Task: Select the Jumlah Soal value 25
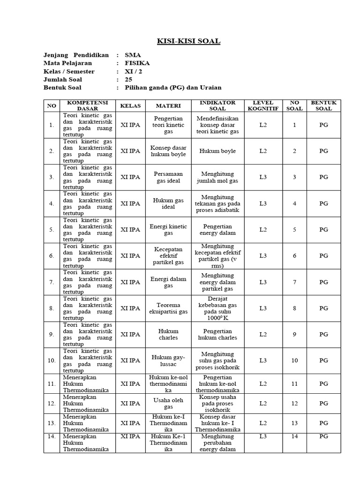pyautogui.click(x=129, y=79)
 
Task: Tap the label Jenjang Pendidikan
pyautogui.click(x=76, y=54)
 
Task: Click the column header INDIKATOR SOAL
pyautogui.click(x=217, y=105)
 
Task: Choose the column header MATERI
pyautogui.click(x=168, y=105)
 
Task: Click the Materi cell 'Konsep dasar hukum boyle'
pyautogui.click(x=168, y=151)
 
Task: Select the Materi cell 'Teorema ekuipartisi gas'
pyautogui.click(x=168, y=308)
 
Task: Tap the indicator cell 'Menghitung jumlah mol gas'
pyautogui.click(x=217, y=177)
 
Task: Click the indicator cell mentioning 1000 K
pyautogui.click(x=217, y=308)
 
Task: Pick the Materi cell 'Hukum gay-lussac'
pyautogui.click(x=168, y=360)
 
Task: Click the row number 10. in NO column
pyautogui.click(x=51, y=360)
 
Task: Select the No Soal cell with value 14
pyautogui.click(x=294, y=436)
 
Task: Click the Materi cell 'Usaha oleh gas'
pyautogui.click(x=168, y=403)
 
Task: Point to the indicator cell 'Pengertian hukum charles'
pyautogui.click(x=217, y=334)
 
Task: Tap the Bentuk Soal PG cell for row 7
pyautogui.click(x=323, y=282)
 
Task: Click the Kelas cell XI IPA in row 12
pyautogui.click(x=130, y=403)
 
